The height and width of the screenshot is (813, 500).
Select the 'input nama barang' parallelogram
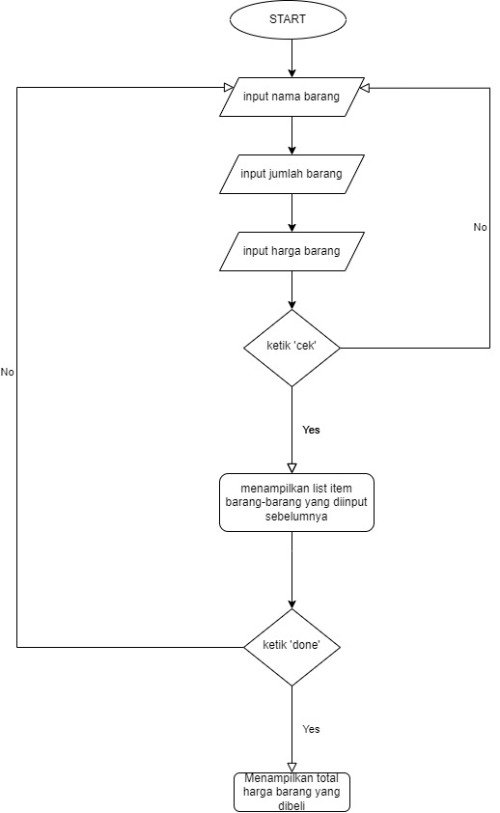tap(292, 97)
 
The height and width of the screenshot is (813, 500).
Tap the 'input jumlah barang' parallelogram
tap(292, 174)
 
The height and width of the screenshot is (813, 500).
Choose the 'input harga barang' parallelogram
tap(292, 252)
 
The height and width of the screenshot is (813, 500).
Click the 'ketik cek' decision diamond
tap(292, 348)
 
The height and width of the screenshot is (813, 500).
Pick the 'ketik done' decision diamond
tap(292, 646)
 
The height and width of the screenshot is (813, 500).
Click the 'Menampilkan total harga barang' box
tap(292, 792)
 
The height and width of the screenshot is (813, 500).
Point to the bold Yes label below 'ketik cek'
tap(311, 430)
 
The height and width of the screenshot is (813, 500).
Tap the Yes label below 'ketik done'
tap(311, 729)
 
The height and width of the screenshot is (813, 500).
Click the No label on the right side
tap(480, 227)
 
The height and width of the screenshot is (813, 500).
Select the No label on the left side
tap(8, 372)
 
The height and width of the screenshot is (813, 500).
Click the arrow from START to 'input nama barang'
tap(292, 58)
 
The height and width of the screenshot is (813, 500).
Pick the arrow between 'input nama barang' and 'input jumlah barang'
tap(292, 135)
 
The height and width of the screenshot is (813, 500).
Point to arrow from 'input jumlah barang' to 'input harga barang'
tap(292, 212)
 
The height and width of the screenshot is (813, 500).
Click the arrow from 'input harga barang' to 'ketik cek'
tap(292, 290)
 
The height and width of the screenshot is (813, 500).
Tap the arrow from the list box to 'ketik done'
tap(292, 570)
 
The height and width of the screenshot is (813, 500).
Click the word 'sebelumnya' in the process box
tap(297, 517)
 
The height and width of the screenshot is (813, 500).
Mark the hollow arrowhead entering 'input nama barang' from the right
tap(364, 87)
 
